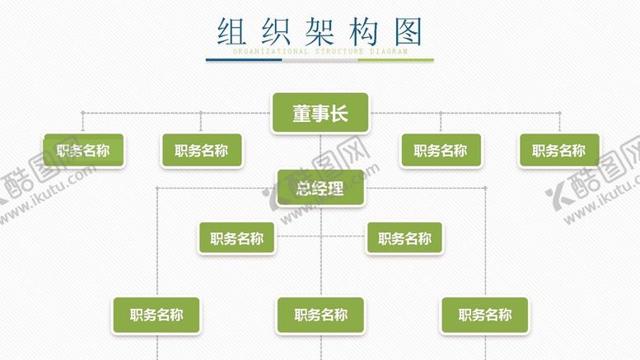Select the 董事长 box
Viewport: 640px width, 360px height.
pos(320,114)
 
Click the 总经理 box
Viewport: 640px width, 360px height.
pos(320,189)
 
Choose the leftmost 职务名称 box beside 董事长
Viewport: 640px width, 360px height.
pos(83,151)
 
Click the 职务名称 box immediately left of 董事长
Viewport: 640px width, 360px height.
pos(202,151)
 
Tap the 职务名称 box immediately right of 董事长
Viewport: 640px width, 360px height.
pos(441,151)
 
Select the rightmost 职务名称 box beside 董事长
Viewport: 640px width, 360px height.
pos(559,151)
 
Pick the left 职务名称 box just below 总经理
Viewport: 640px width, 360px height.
pos(237,239)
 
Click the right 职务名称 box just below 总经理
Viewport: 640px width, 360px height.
pos(404,239)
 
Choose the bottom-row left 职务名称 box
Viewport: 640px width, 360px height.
pos(156,315)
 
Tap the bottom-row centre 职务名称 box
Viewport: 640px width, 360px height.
pos(320,315)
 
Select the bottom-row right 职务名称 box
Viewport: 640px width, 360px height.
pos(485,315)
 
